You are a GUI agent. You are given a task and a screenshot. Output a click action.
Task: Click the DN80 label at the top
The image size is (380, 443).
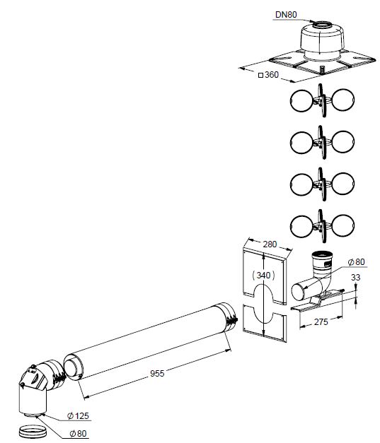pyautogui.click(x=286, y=14)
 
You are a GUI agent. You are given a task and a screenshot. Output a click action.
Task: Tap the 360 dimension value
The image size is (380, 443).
pyautogui.click(x=272, y=75)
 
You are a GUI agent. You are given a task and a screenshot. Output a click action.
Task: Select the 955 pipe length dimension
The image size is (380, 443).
pyautogui.click(x=157, y=374)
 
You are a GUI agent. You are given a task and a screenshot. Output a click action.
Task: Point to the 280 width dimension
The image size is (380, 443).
pyautogui.click(x=270, y=244)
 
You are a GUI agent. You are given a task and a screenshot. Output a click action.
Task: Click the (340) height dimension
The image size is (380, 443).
pyautogui.click(x=263, y=275)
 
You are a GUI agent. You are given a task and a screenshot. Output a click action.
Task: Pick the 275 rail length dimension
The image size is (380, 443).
pyautogui.click(x=321, y=321)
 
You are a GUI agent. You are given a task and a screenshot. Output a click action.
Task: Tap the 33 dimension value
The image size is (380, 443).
pyautogui.click(x=356, y=278)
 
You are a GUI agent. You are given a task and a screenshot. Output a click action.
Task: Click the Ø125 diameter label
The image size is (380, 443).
pyautogui.click(x=78, y=415)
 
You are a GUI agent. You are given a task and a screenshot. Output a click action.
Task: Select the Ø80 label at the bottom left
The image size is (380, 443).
pyautogui.click(x=78, y=433)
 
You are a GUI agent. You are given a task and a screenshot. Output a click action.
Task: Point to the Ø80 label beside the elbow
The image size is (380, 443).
pyautogui.click(x=356, y=262)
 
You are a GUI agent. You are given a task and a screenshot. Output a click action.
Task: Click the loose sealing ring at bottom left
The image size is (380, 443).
pyautogui.click(x=32, y=432)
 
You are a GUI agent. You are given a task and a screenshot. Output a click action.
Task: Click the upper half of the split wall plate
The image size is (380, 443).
pyautogui.click(x=265, y=276)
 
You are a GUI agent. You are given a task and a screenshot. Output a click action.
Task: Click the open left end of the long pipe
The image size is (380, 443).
pyautogui.click(x=73, y=367)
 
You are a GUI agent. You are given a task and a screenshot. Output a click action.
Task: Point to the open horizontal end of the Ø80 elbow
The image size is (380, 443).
pyautogui.click(x=299, y=292)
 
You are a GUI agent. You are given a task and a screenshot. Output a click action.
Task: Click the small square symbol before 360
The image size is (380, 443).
pyautogui.click(x=261, y=75)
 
